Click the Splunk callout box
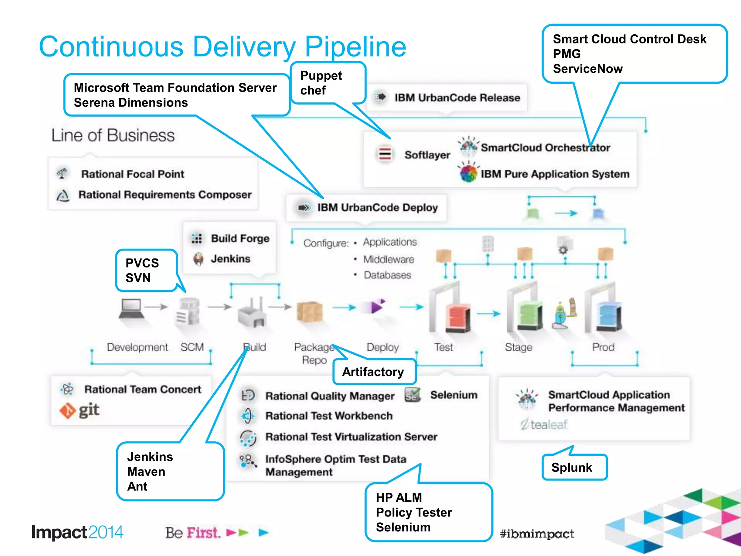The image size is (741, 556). click(574, 467)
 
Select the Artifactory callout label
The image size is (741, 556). click(373, 372)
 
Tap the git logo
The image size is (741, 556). click(79, 410)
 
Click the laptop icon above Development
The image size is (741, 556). click(131, 308)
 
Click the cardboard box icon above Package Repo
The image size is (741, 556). click(309, 311)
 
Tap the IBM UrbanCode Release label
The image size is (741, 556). click(457, 98)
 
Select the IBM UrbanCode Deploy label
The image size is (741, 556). click(377, 207)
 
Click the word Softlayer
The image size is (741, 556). click(427, 155)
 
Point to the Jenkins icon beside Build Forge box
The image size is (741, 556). click(198, 259)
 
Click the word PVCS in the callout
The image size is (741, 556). click(142, 263)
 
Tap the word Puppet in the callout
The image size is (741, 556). click(321, 76)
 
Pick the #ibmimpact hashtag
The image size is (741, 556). click(537, 534)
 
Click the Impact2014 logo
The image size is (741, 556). click(77, 532)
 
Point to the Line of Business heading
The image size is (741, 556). click(113, 135)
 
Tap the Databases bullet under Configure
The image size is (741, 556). click(387, 275)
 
